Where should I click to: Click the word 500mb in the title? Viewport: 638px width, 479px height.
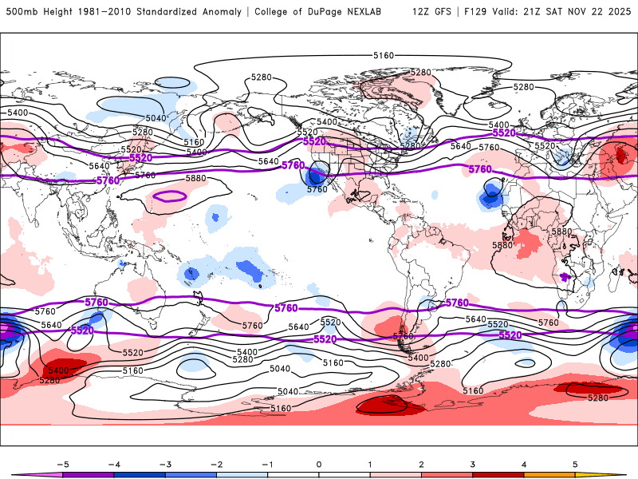click(20, 12)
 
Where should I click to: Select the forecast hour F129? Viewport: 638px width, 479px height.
click(471, 12)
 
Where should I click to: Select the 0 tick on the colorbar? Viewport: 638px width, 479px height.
click(319, 464)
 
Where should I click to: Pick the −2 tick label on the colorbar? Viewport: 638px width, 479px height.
click(216, 464)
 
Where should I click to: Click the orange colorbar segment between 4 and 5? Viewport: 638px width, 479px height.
click(549, 474)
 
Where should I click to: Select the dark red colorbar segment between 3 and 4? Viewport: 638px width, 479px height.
click(498, 474)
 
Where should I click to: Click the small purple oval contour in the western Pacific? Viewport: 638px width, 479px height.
click(169, 196)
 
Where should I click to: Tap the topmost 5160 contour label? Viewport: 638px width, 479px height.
click(384, 55)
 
